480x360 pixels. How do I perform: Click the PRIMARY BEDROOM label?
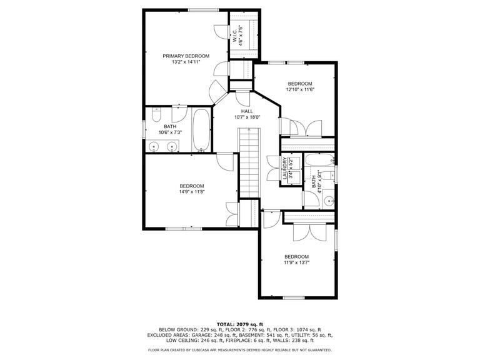pyautogui.click(x=186, y=56)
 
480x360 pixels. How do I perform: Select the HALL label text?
pyautogui.click(x=247, y=111)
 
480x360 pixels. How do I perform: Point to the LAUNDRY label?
pyautogui.click(x=285, y=168)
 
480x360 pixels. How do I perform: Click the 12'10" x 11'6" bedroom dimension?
pyautogui.click(x=300, y=89)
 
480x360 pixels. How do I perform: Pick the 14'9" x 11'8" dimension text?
pyautogui.click(x=192, y=192)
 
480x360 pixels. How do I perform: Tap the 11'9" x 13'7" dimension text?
pyautogui.click(x=297, y=262)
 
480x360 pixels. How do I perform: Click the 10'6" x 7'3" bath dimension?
pyautogui.click(x=170, y=132)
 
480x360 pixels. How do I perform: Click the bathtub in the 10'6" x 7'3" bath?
pyautogui.click(x=201, y=130)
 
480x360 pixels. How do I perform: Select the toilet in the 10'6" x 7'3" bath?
pyautogui.click(x=156, y=114)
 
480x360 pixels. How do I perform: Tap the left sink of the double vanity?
pyautogui.click(x=154, y=147)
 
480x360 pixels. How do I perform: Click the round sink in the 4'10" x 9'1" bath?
pyautogui.click(x=329, y=201)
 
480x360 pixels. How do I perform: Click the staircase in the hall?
pyautogui.click(x=249, y=163)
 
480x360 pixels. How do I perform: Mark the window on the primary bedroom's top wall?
pyautogui.click(x=203, y=10)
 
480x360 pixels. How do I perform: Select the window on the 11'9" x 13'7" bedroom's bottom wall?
pyautogui.click(x=294, y=297)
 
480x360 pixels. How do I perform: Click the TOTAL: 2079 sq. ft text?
pyautogui.click(x=240, y=324)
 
